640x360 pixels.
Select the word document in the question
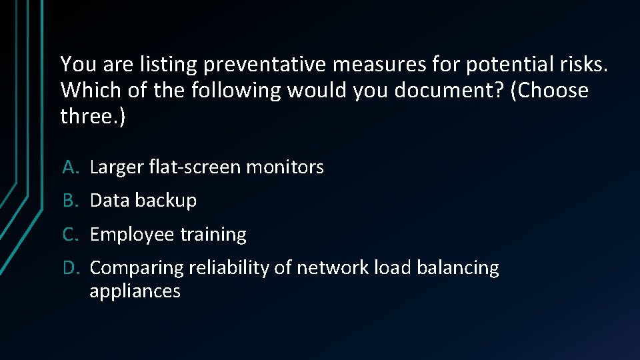click(x=449, y=90)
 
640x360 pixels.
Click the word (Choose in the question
click(x=549, y=90)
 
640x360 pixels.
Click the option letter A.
click(x=71, y=167)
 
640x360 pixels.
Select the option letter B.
click(x=71, y=201)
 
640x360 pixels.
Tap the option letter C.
click(x=71, y=235)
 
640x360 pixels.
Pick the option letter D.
click(x=71, y=268)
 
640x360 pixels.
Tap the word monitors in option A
click(x=285, y=167)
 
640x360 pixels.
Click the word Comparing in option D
click(x=137, y=268)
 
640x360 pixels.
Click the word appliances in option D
click(x=135, y=291)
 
